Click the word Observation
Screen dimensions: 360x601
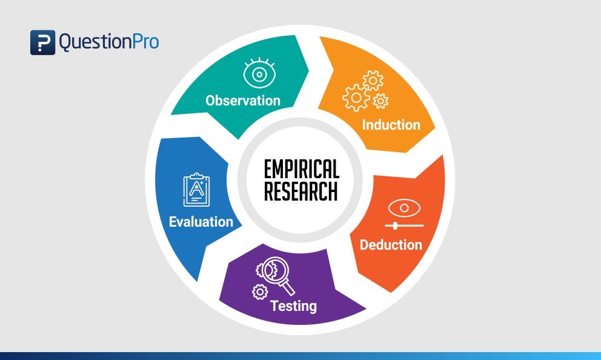coord(242,100)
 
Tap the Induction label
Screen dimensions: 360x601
coord(391,125)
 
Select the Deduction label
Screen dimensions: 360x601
coord(391,245)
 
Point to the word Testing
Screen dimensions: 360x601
coord(293,305)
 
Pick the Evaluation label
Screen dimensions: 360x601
coord(201,221)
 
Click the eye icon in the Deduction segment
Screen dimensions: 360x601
coord(404,208)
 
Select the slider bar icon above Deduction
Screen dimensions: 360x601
coord(404,225)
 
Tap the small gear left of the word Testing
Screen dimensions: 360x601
coord(260,292)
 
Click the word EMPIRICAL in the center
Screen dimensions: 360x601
coord(302,170)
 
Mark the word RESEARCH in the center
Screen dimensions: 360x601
coord(302,190)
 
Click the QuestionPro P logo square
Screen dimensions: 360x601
coord(42,42)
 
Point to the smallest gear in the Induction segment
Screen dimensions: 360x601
coord(380,101)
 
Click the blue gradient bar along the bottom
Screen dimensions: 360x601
coord(300,356)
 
